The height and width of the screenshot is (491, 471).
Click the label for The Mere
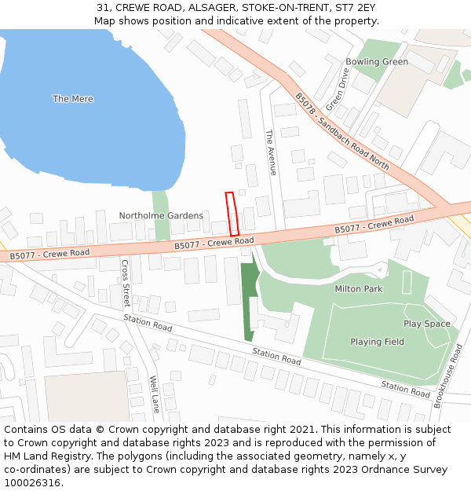[x=73, y=99]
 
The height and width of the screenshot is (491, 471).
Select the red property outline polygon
[x=232, y=214]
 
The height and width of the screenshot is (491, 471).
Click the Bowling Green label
[x=377, y=62]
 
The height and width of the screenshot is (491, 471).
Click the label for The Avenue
[x=272, y=152]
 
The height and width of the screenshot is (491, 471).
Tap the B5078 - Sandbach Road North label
[x=341, y=132]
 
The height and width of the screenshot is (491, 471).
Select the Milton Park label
[x=358, y=289]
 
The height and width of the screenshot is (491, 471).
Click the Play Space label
[x=427, y=324]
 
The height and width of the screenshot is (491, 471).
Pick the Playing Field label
[x=377, y=342]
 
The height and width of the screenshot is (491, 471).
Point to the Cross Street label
[x=125, y=284]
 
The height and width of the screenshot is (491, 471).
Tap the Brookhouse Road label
[x=447, y=376]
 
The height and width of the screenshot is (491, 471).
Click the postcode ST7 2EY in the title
[x=360, y=7]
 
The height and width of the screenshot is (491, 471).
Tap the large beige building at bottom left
[x=86, y=397]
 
